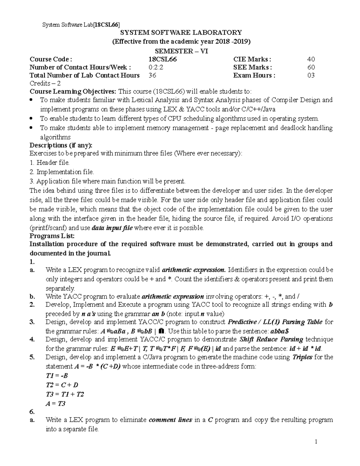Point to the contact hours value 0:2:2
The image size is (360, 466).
point(156,67)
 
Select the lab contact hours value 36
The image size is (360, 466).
point(152,75)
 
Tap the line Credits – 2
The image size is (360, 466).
point(45,83)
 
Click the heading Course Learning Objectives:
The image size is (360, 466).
point(73,92)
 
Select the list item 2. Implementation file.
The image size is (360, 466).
point(62,172)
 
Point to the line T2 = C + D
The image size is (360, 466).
point(62,385)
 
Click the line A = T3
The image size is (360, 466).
point(55,404)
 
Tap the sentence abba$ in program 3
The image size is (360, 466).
point(280,331)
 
